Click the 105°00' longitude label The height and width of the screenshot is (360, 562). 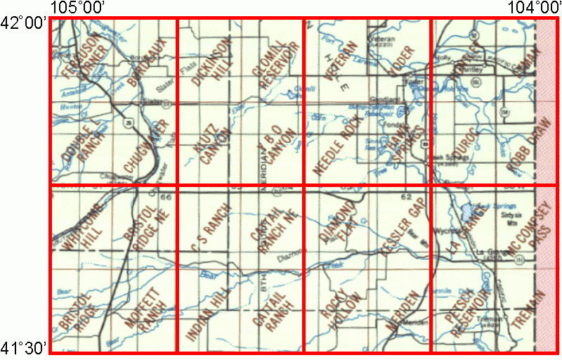78,8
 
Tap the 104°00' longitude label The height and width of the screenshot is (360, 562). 533,8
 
